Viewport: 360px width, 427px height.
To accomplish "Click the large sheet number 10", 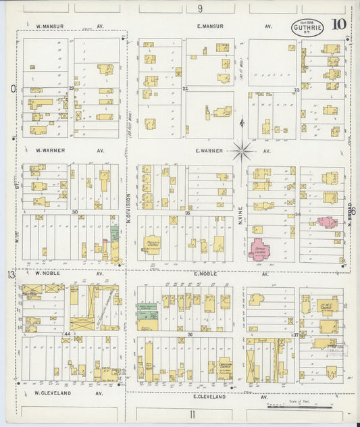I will [x=339, y=25].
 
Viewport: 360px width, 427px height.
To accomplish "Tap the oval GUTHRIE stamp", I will [x=307, y=28].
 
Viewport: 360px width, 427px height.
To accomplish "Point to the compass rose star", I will [x=242, y=151].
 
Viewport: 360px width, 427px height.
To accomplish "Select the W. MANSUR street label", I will [x=49, y=26].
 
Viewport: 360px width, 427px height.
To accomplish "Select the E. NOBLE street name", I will [x=205, y=274].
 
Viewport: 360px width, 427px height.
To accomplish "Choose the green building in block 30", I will [x=114, y=234].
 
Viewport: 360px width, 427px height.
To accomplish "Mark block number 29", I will [x=71, y=89].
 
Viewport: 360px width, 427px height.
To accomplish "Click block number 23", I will [x=296, y=89].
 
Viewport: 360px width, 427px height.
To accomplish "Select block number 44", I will [x=67, y=334].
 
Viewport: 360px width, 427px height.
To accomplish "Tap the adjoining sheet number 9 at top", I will [x=200, y=8].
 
